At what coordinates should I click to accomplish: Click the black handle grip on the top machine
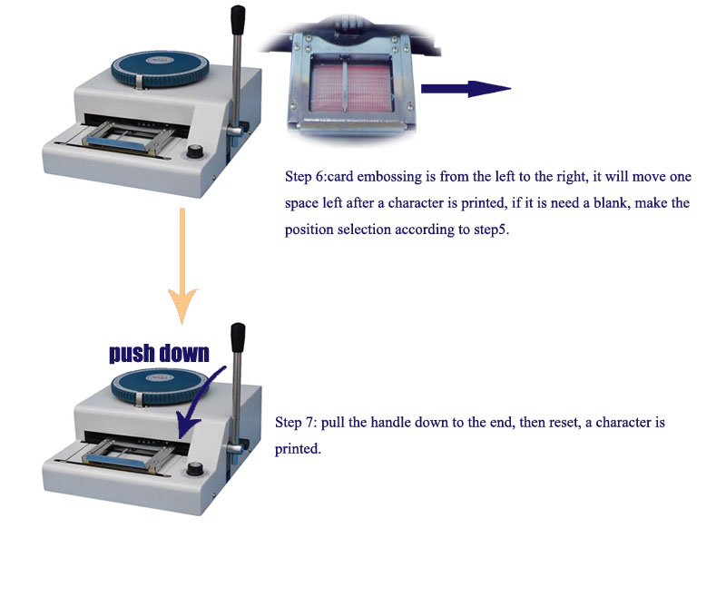click(238, 19)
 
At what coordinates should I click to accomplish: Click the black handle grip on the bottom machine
click(238, 337)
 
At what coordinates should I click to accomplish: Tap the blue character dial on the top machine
click(160, 68)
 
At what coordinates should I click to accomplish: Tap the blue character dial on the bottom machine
click(160, 386)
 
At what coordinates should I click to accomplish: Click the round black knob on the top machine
click(194, 151)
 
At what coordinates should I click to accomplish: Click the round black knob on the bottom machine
click(194, 468)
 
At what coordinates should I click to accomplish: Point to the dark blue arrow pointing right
click(466, 88)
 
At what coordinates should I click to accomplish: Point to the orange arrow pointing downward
click(182, 266)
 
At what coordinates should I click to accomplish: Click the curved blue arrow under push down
click(199, 401)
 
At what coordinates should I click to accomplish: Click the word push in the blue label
click(131, 353)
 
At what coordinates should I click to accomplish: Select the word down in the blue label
click(184, 353)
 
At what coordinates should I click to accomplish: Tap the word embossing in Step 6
click(389, 177)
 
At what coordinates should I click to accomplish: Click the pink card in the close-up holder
click(351, 87)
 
